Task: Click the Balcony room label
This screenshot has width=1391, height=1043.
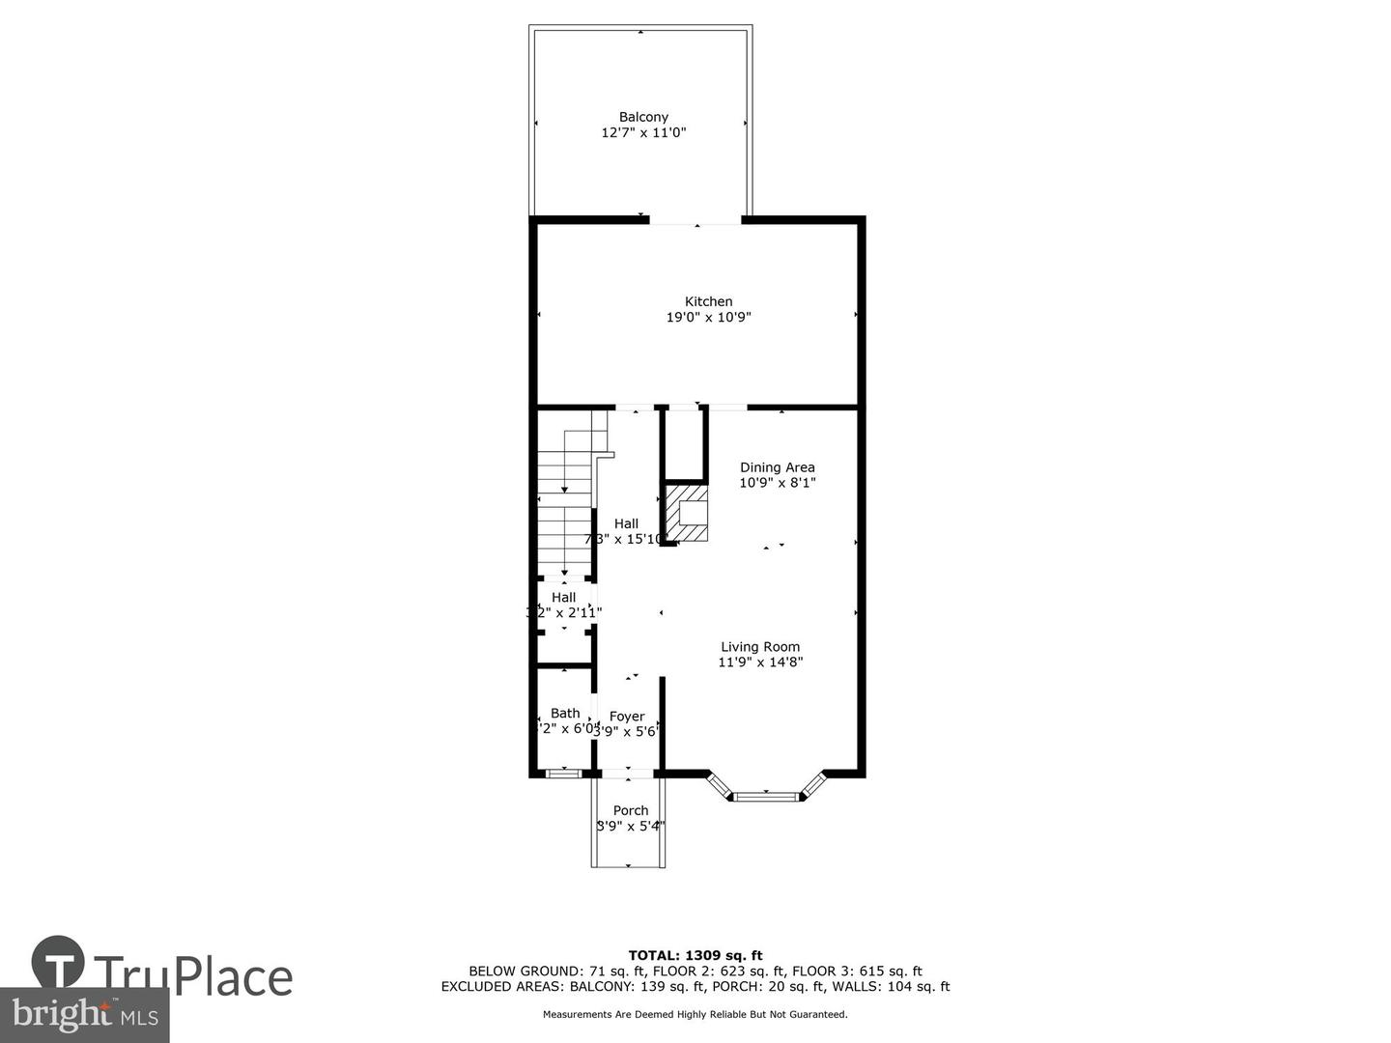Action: click(643, 117)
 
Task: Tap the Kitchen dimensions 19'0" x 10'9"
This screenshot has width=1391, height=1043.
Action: click(708, 318)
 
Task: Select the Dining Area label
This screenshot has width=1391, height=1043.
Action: click(777, 467)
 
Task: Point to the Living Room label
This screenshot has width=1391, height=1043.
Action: click(760, 647)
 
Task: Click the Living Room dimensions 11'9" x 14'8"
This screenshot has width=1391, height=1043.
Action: click(760, 662)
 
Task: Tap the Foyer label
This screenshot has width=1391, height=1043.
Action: click(627, 717)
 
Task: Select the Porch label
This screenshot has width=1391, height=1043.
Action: click(631, 810)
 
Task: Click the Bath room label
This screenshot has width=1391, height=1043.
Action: click(565, 714)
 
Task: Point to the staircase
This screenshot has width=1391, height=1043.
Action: click(564, 507)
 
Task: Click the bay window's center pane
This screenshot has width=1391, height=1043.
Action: click(766, 797)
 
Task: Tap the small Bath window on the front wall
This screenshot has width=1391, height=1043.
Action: click(561, 773)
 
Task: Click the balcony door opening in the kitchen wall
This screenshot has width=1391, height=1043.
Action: click(695, 222)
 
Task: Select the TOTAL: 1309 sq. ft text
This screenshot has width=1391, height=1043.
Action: click(695, 955)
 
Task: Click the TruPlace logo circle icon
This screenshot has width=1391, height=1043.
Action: click(58, 962)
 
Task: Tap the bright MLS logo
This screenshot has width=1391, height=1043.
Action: click(85, 1015)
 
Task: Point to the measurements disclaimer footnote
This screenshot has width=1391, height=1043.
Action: click(695, 1014)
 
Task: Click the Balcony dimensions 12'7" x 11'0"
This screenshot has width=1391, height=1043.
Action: click(643, 133)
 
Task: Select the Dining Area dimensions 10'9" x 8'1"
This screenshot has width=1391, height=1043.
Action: click(777, 483)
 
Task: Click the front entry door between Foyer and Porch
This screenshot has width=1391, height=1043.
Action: click(628, 773)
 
